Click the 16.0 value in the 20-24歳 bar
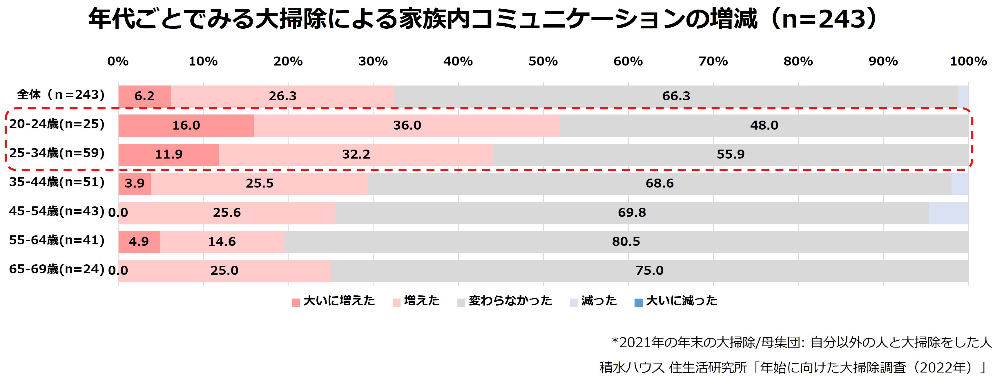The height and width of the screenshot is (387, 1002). [x=186, y=125]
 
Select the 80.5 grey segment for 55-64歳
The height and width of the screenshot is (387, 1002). [x=626, y=241]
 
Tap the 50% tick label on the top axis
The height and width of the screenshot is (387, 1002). [x=543, y=61]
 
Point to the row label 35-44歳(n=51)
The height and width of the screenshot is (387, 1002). [x=57, y=182]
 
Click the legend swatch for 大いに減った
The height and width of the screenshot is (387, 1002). [x=638, y=302]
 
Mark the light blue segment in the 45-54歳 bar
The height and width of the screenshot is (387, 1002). [x=948, y=213]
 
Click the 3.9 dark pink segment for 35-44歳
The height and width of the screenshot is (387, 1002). [x=135, y=183]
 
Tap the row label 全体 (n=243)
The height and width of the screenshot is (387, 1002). [x=61, y=95]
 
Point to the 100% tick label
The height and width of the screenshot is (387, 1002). [x=968, y=61]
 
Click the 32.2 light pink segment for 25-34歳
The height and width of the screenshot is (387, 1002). [x=356, y=155]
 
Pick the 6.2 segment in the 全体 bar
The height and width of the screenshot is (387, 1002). [x=144, y=96]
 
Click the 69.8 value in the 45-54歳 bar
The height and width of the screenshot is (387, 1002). [x=632, y=213]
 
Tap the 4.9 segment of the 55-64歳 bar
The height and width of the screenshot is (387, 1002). [x=139, y=241]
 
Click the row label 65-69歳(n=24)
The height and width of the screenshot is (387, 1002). [x=57, y=269]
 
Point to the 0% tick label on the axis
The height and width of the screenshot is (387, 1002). [x=118, y=61]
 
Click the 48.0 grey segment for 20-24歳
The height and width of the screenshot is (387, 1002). [x=764, y=125]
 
